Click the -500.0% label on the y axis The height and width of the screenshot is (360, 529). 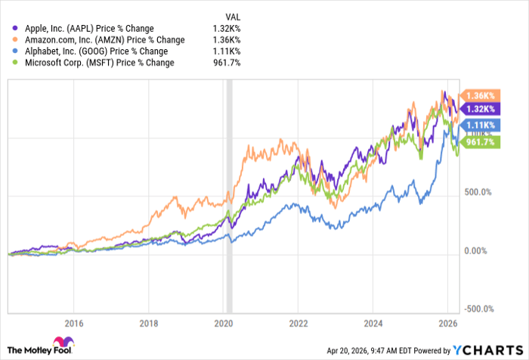click(x=479, y=309)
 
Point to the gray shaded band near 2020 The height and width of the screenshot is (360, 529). click(x=230, y=197)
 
